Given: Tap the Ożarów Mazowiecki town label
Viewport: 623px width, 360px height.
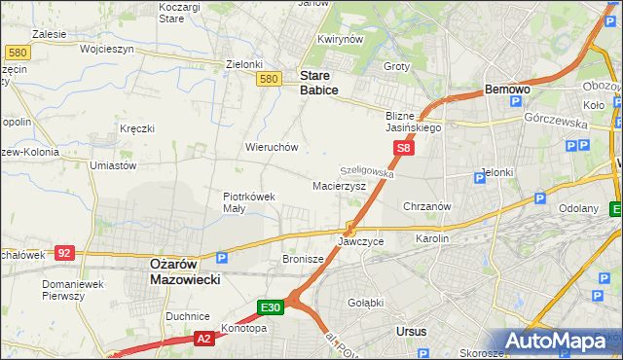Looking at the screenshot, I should coord(185,270).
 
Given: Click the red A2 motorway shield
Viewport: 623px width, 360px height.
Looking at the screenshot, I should coord(202,339).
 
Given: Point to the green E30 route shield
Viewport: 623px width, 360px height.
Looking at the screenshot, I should coord(271,308).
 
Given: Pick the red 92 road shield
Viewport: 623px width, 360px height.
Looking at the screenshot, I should coord(64,253).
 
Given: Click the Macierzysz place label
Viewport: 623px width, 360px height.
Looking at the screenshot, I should coord(339,185).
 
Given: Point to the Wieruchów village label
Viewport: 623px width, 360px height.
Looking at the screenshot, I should coord(272,148).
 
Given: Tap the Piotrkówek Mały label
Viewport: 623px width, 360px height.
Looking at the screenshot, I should coord(249,201).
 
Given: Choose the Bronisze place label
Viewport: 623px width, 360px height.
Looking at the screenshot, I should coord(302,260).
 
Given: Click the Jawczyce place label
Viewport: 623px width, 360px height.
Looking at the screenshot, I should coord(361,240).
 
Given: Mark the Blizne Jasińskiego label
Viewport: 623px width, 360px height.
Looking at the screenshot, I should coord(414,121).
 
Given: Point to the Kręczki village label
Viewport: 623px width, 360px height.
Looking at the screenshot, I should coord(137,128).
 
